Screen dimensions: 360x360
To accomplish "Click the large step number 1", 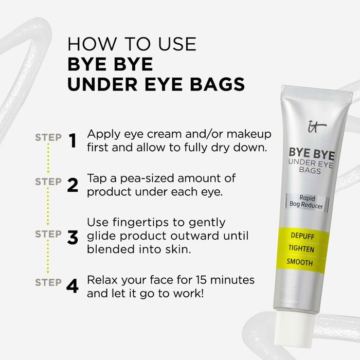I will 73,140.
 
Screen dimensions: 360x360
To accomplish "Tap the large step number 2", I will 73,185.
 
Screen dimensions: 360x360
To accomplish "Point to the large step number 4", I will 73,286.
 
